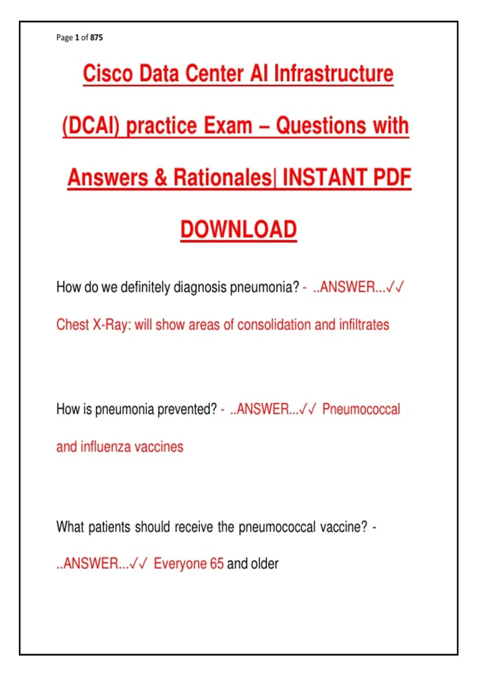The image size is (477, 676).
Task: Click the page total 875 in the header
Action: pos(96,37)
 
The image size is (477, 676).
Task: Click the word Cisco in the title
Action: pos(108,73)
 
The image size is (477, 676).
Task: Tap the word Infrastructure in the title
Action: pos(334,73)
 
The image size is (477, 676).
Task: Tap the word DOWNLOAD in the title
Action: pos(238,229)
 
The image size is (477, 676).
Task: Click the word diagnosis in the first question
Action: pos(200,287)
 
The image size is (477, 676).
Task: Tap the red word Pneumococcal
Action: pos(361,409)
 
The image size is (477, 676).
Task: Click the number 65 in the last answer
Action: pos(217,564)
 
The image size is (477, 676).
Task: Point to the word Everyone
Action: pos(180,564)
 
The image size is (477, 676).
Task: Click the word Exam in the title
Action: pos(228,125)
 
